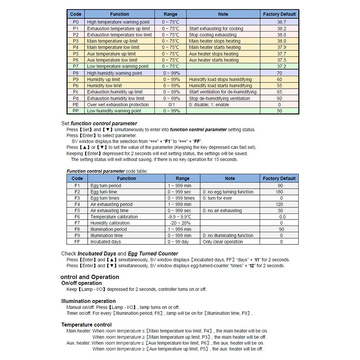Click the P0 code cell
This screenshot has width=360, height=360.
[x=76, y=22]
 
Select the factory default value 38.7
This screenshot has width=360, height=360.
[x=281, y=22]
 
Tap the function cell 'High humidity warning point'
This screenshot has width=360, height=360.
[x=114, y=73]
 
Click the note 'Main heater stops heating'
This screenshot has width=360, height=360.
[x=215, y=41]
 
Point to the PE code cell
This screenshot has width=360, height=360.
[x=76, y=104]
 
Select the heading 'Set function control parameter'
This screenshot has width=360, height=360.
[x=99, y=123]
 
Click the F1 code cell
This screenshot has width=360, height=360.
[x=77, y=185]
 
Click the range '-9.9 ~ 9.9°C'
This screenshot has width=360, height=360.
[x=183, y=217]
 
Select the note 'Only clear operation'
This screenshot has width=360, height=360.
[x=223, y=242]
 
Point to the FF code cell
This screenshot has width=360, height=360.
[x=77, y=242]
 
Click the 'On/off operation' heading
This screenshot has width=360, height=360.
[x=81, y=283]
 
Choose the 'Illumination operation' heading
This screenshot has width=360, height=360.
[x=88, y=301]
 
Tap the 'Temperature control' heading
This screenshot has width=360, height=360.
[x=86, y=324]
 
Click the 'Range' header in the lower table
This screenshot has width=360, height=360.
[x=183, y=178]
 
